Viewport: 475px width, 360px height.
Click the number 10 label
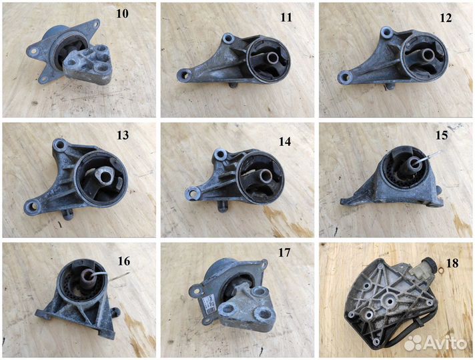point(122,13)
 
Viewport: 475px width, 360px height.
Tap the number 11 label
point(286,17)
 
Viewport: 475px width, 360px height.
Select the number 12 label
point(446,18)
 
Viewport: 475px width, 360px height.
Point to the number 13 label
point(123,135)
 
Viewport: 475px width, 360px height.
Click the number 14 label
point(285,141)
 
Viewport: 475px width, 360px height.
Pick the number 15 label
point(442,135)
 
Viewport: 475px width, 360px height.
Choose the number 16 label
point(124,261)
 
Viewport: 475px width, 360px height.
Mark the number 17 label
point(284,253)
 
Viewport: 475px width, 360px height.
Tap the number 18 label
point(452,263)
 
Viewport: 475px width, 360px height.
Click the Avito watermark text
point(445,343)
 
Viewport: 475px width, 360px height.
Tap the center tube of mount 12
point(428,55)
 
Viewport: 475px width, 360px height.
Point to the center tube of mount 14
point(266,175)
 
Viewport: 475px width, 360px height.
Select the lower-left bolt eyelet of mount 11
point(185,74)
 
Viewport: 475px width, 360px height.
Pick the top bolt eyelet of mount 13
point(59,145)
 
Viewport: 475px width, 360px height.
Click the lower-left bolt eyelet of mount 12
point(345,77)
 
